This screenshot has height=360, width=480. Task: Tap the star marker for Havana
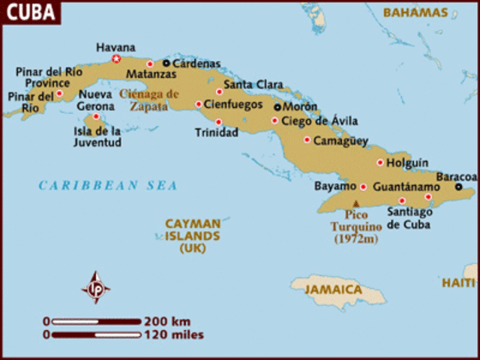tap(115, 58)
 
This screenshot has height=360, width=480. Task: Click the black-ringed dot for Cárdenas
tap(166, 64)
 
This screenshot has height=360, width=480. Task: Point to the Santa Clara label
tap(249, 83)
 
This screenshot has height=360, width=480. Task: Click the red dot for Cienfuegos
tap(199, 104)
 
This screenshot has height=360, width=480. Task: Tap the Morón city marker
tap(277, 107)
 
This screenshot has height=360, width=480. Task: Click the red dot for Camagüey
tap(307, 139)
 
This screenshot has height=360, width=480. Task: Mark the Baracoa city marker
tap(459, 187)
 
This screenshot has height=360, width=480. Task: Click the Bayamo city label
tap(334, 185)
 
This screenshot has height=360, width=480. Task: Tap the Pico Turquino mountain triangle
tap(357, 203)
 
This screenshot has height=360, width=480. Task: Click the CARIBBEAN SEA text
tap(108, 185)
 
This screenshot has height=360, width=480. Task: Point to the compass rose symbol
tap(96, 286)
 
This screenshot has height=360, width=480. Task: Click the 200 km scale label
tap(170, 321)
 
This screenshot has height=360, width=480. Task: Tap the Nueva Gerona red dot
tap(96, 116)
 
